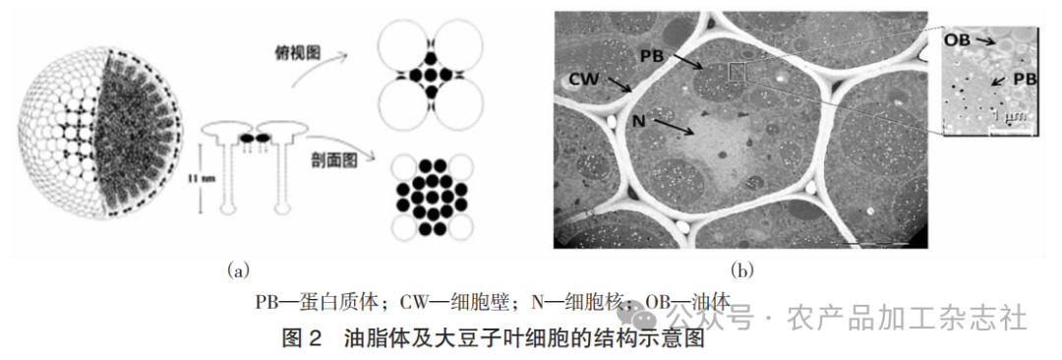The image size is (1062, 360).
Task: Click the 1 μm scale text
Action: [x=1005, y=118]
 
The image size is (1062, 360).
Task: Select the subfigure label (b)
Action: [x=740, y=268]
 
